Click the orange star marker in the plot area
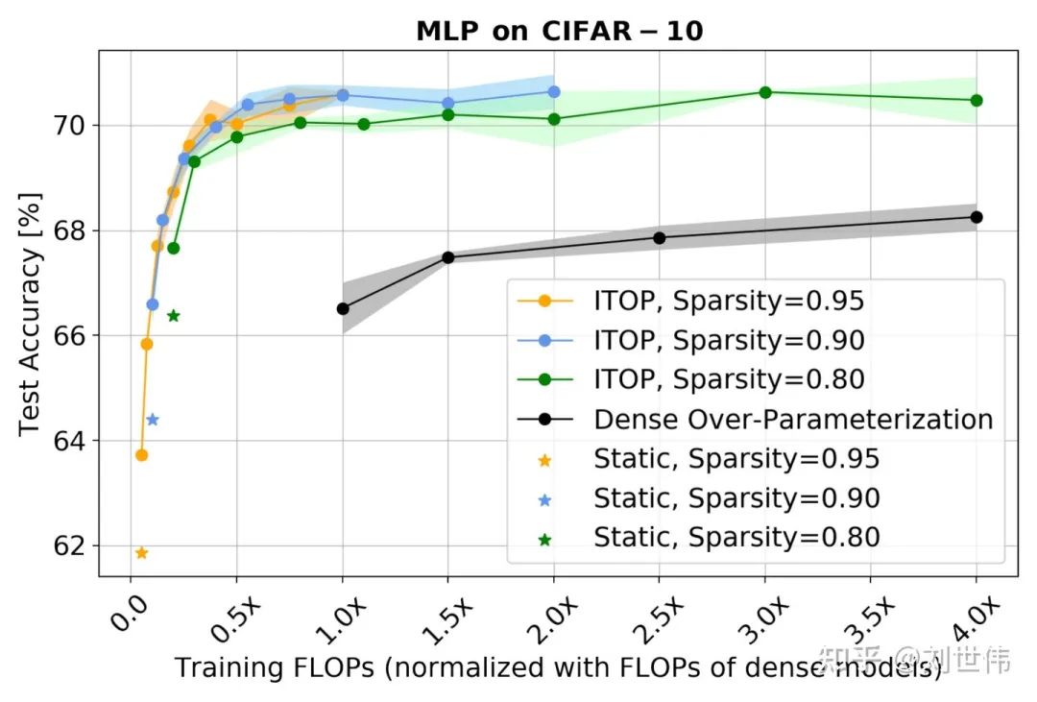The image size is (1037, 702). click(x=142, y=553)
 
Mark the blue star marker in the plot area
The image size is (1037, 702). click(x=152, y=420)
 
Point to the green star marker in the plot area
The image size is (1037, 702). click(x=174, y=316)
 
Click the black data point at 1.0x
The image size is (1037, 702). click(x=343, y=308)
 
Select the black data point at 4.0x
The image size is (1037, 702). click(x=977, y=217)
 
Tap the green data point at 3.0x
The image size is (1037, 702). click(x=765, y=92)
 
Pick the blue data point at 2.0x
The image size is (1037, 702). click(x=554, y=91)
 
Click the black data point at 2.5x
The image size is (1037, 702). click(x=660, y=237)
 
